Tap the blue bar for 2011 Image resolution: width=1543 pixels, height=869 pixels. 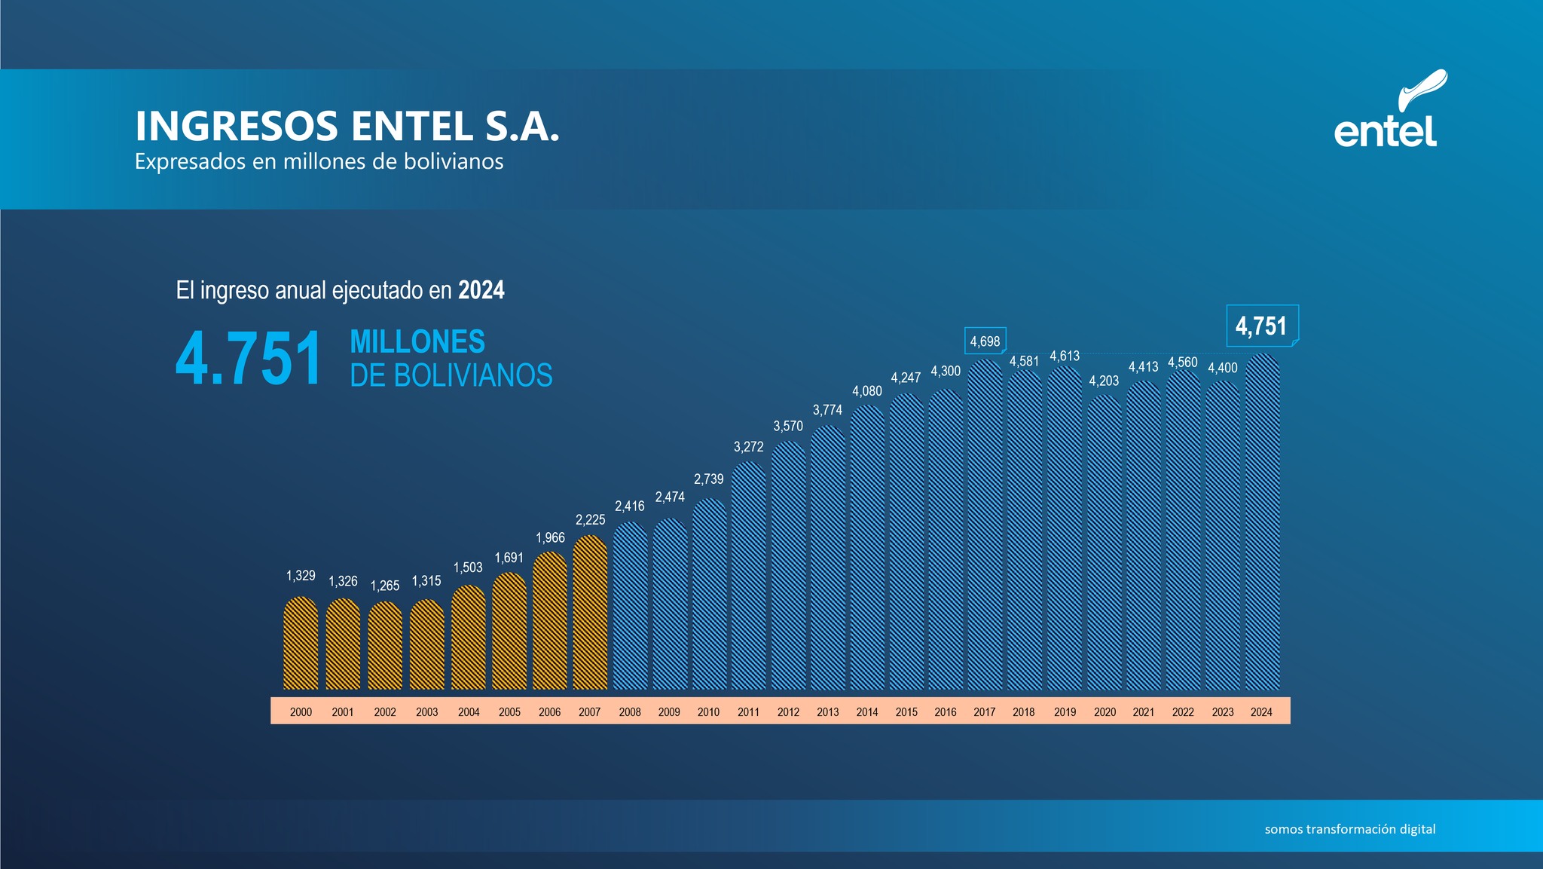[x=748, y=576]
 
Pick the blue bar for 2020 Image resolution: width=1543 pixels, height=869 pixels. [x=1105, y=543]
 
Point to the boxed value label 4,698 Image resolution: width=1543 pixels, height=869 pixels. [x=985, y=341]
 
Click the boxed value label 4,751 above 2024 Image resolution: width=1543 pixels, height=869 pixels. [x=1261, y=326]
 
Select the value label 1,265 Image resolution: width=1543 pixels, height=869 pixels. [x=385, y=586]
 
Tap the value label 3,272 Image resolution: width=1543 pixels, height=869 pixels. [x=748, y=447]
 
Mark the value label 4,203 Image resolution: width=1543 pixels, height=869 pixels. [x=1104, y=381]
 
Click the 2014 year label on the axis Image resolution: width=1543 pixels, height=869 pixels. [x=867, y=711]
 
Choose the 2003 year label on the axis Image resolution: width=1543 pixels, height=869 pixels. [x=426, y=711]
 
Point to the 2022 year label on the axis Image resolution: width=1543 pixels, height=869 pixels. [x=1183, y=711]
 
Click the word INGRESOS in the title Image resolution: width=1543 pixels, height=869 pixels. [x=237, y=126]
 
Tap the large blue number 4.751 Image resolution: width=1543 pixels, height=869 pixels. [x=249, y=359]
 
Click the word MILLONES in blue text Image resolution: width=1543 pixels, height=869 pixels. [x=417, y=342]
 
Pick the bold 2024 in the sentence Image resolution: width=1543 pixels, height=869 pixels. [x=481, y=290]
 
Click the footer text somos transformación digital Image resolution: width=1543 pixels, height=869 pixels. [x=1349, y=829]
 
